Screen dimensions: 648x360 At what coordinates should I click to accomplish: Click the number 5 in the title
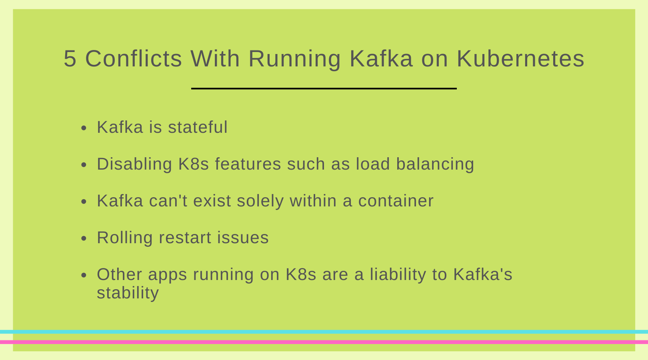tap(70, 59)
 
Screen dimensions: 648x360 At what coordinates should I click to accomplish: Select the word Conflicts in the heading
tap(134, 58)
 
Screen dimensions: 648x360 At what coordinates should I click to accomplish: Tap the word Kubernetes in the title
tap(520, 58)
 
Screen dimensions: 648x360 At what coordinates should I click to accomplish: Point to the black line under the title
tap(324, 88)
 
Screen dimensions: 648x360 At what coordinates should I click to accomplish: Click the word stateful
tap(198, 127)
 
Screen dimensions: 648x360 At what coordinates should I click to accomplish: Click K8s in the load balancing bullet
tap(194, 164)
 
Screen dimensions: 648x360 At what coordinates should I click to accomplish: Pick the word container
tap(396, 200)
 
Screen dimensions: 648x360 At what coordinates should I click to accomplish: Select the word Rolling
tap(125, 238)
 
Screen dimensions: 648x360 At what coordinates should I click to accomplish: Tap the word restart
tap(185, 238)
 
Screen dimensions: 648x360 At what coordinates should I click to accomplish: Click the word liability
tap(398, 275)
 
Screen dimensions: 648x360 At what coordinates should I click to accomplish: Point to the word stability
tap(128, 293)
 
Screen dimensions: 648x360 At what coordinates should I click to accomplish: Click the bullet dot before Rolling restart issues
tap(84, 238)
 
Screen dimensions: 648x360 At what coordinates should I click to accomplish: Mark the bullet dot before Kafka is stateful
tap(84, 128)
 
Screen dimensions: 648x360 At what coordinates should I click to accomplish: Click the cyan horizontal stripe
tap(324, 332)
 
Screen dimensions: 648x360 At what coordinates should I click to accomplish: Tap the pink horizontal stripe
tap(324, 342)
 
